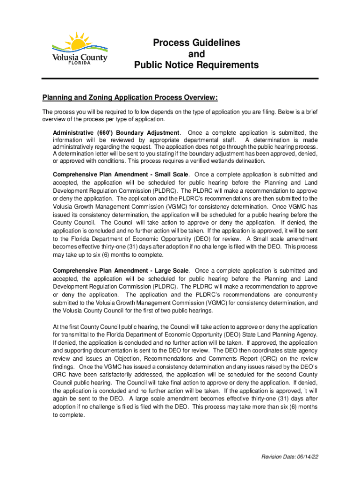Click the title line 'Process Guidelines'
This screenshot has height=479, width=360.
click(196, 43)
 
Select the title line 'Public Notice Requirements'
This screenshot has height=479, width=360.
click(196, 65)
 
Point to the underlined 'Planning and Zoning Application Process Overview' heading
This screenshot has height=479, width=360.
click(130, 98)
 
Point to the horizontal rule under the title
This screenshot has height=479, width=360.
click(180, 78)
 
